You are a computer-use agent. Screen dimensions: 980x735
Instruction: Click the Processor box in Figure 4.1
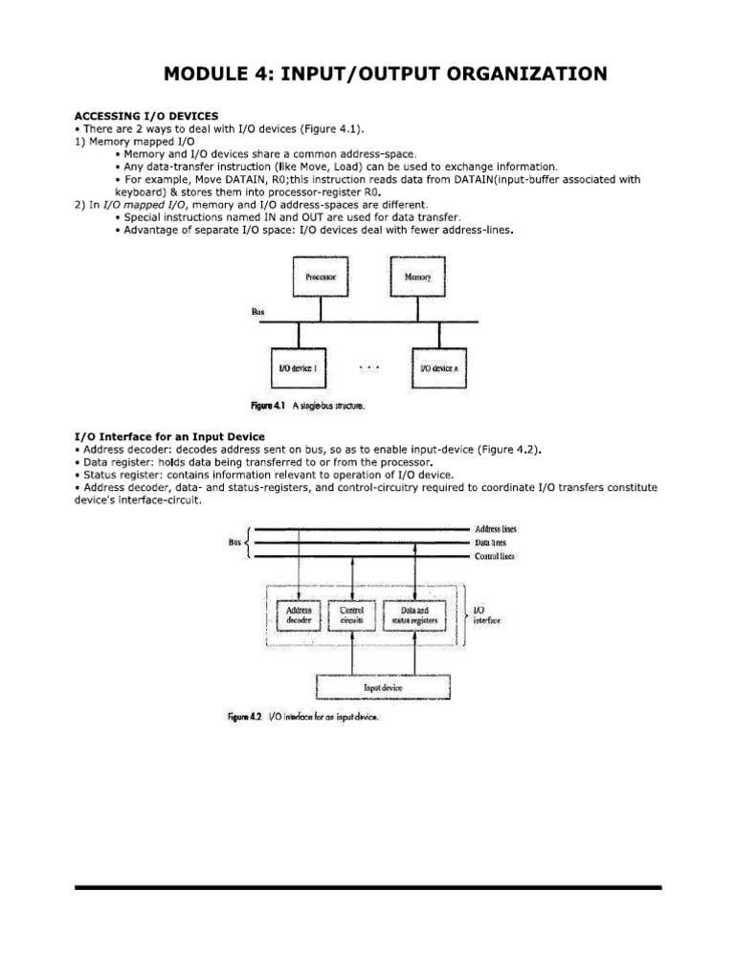pos(321,278)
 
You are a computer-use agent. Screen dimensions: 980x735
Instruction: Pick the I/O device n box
pos(440,367)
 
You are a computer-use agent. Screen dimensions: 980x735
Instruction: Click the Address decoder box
pos(293,613)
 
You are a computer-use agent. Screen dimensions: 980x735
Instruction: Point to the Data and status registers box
pos(414,613)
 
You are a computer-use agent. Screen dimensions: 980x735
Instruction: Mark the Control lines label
pos(494,555)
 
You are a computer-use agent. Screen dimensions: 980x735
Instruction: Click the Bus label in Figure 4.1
pos(256,311)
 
